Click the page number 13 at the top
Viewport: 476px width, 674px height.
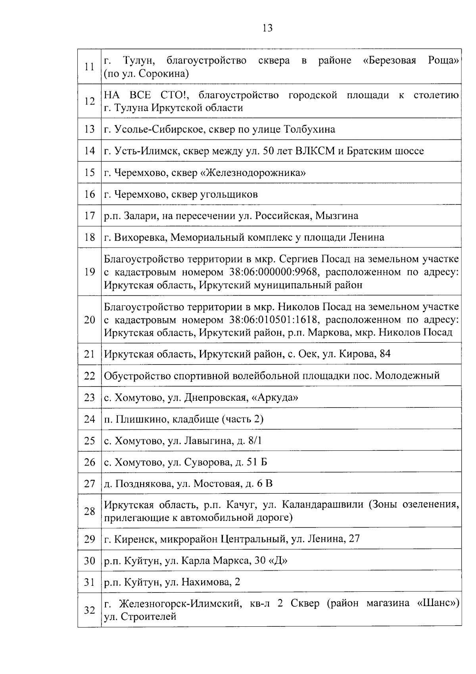pyautogui.click(x=267, y=28)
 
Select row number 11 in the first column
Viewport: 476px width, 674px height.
pyautogui.click(x=90, y=67)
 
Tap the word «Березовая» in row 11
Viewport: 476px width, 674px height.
pyautogui.click(x=390, y=60)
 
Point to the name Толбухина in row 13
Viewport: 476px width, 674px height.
pyautogui.click(x=310, y=129)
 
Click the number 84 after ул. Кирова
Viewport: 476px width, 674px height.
pyautogui.click(x=385, y=353)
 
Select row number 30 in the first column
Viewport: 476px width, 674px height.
pyautogui.click(x=90, y=561)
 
